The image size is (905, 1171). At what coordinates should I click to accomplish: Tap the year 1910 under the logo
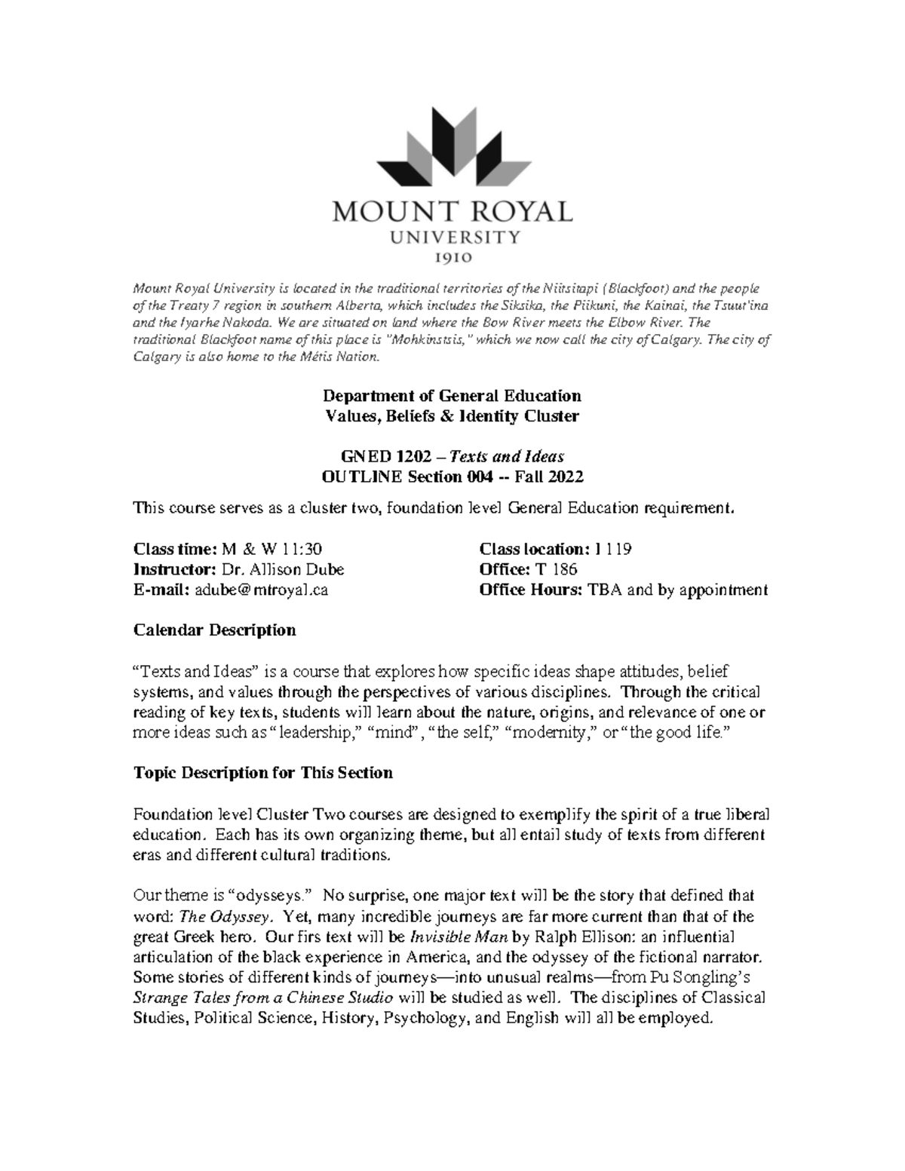click(x=452, y=258)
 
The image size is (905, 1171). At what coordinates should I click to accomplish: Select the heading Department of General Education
click(x=452, y=396)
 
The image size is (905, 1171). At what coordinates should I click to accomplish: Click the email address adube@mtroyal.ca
click(x=261, y=590)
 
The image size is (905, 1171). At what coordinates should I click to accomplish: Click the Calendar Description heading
click(x=214, y=630)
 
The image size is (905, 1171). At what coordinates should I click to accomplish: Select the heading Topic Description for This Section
click(x=262, y=773)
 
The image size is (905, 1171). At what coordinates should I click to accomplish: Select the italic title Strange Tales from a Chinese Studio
click(x=262, y=998)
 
